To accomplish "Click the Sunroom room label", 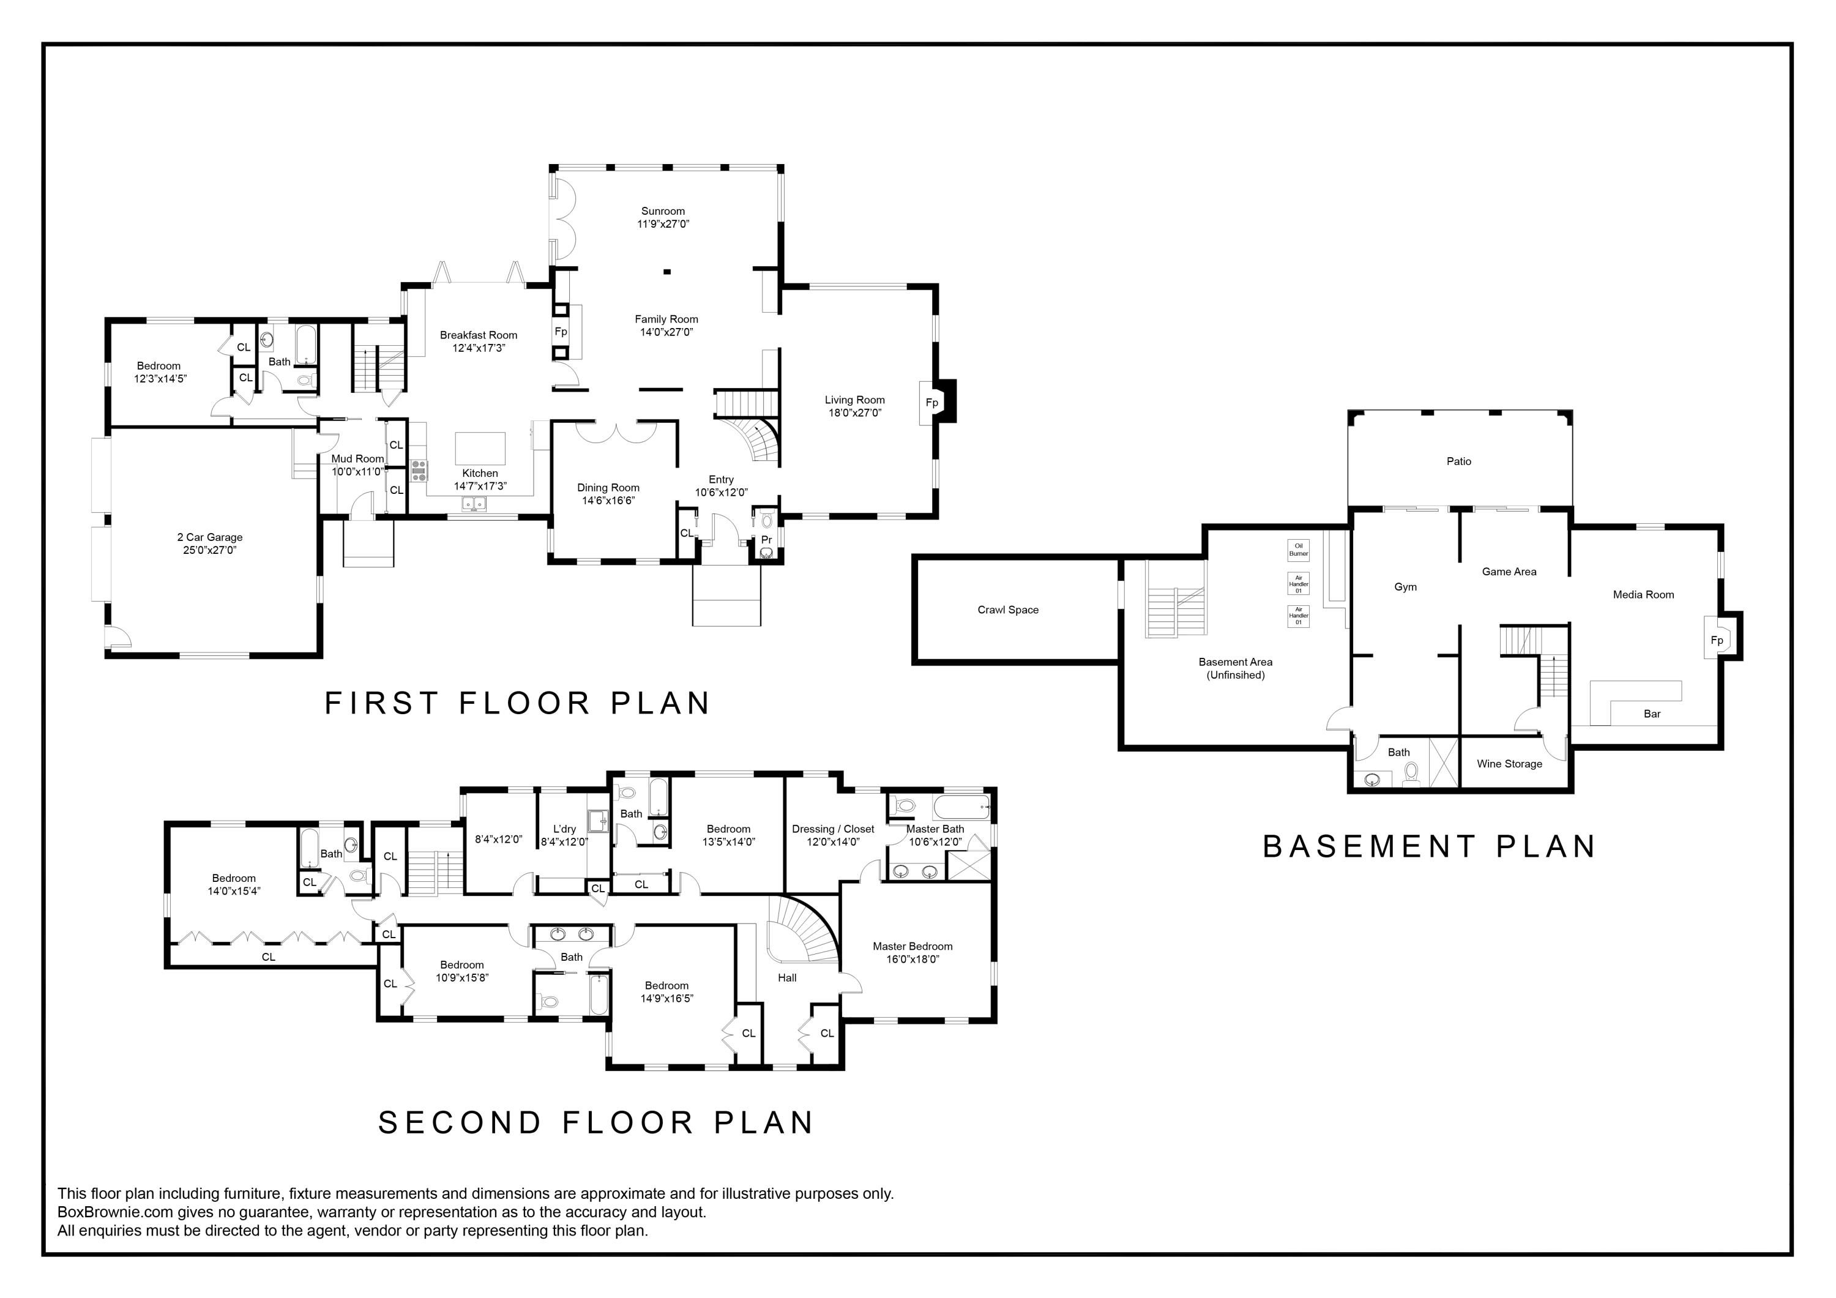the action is (x=663, y=211).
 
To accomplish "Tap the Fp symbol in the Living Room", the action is (x=931, y=402).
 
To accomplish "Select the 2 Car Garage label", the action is (x=209, y=537).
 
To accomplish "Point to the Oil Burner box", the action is (x=1299, y=550).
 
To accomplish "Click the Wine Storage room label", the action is (x=1509, y=764).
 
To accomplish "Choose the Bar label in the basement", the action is (x=1652, y=714).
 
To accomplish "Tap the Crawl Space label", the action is (x=1007, y=610).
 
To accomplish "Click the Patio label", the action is (x=1458, y=461).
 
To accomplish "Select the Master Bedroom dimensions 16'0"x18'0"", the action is (x=912, y=959).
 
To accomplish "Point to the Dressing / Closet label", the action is (x=832, y=829).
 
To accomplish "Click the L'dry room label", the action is (x=564, y=829).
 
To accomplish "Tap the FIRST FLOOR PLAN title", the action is (x=517, y=703).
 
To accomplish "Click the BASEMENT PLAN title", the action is (x=1429, y=846).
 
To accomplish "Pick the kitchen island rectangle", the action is (x=480, y=448).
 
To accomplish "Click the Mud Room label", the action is (x=357, y=458).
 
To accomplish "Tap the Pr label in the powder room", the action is (x=766, y=540).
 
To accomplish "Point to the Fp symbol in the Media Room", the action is (x=1717, y=640).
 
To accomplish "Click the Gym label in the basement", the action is (x=1405, y=587).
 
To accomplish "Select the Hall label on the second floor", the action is (x=787, y=977).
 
